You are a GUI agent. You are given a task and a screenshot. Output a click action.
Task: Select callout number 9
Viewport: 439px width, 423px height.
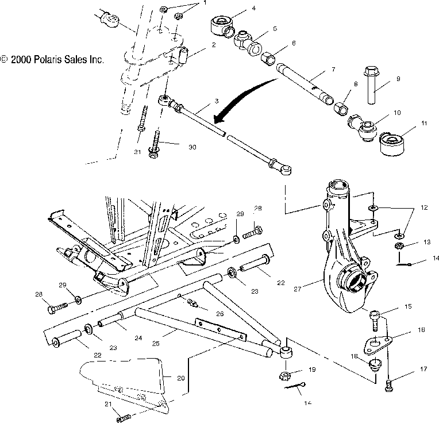398,79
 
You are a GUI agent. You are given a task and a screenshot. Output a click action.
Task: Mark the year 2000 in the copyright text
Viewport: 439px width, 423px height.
21,59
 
